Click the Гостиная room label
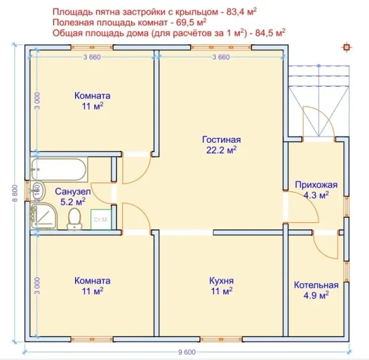[221, 140]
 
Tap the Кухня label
[221, 281]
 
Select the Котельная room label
[316, 285]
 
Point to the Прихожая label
[316, 185]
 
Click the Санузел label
[73, 191]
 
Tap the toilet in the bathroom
[74, 219]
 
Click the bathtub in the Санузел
[59, 169]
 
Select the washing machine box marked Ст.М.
[101, 220]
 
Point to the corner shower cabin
[44, 217]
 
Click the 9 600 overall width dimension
[187, 352]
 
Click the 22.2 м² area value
[221, 150]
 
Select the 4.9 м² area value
[316, 295]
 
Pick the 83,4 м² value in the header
[242, 12]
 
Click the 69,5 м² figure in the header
[191, 22]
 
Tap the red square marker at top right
[346, 47]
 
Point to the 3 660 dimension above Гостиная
[221, 57]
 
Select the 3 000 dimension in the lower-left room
[38, 286]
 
